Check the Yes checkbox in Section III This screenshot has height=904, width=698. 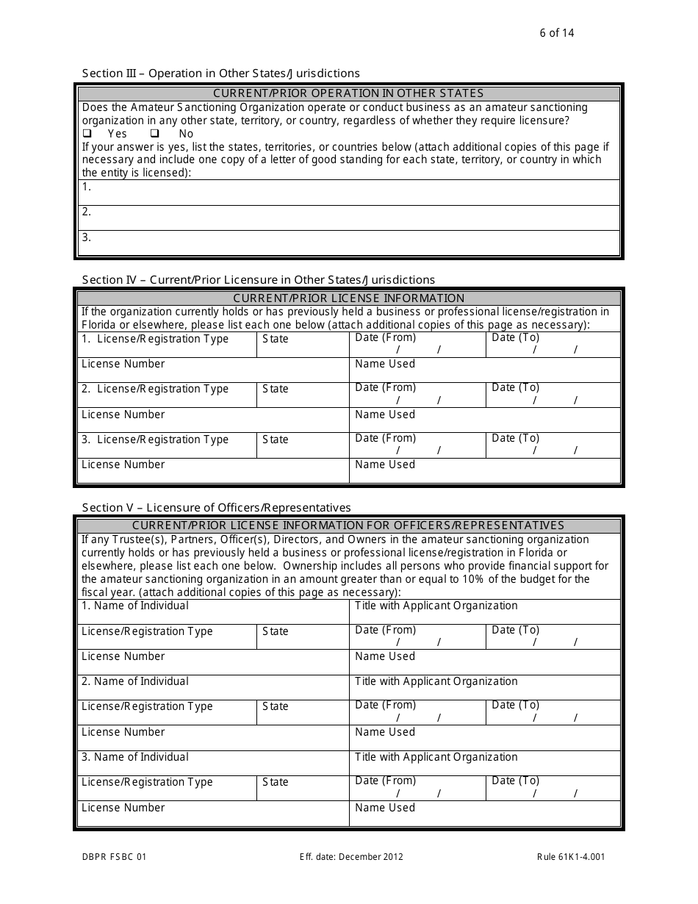coord(87,134)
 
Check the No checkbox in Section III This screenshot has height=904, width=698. coord(155,134)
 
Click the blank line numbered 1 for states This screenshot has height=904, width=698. coord(349,193)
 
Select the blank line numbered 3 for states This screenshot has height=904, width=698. coord(349,243)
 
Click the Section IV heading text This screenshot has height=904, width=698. coord(259,279)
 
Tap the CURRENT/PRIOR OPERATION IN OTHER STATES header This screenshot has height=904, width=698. coord(348,93)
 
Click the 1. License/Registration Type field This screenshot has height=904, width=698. coord(167,345)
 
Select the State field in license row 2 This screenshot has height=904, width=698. coord(302,395)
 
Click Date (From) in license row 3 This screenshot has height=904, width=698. coord(417,445)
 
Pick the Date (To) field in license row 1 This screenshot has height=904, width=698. coord(553,344)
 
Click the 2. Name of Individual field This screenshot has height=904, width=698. coord(213,687)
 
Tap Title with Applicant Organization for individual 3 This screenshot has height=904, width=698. coord(484,763)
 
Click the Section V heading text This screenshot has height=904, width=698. coord(217,507)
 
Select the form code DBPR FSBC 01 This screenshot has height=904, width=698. coord(114,856)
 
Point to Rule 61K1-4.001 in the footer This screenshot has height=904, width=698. coord(571,856)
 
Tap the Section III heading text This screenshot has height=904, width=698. coord(221,73)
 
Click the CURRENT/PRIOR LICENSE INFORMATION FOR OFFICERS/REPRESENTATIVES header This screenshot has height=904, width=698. coord(348,525)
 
